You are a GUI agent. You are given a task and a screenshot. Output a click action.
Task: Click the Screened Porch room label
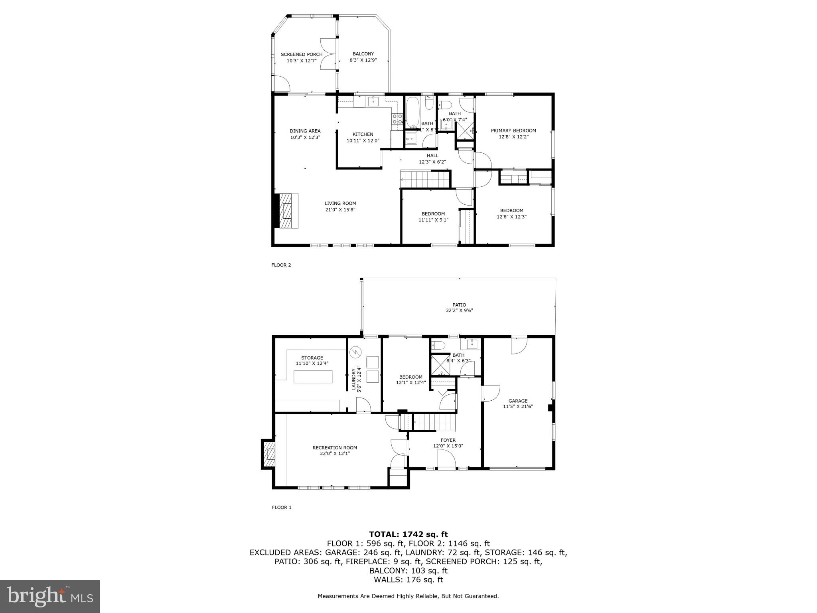coord(301,54)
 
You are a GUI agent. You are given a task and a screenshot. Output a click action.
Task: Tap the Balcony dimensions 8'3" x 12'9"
coord(363,60)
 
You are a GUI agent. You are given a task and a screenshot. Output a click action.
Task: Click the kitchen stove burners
coord(397,119)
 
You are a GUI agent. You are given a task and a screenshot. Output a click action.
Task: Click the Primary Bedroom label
coord(513,131)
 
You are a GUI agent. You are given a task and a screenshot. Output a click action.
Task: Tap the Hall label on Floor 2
coord(432,156)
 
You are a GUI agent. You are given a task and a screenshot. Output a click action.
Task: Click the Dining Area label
coord(305,131)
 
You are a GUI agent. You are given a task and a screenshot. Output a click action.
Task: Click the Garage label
coord(517,401)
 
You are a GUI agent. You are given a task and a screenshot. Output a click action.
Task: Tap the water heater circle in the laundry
coord(355,352)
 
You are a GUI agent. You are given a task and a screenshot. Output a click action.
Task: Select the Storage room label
coord(312,358)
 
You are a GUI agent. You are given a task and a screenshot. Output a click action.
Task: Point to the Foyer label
coord(448,440)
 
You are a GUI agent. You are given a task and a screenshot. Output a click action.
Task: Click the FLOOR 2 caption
coord(281,265)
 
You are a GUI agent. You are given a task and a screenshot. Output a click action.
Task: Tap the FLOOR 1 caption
coord(281,508)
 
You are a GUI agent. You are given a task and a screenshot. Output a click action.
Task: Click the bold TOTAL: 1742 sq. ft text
coord(408,534)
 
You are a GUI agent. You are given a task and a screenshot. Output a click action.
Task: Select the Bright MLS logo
coord(50,597)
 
